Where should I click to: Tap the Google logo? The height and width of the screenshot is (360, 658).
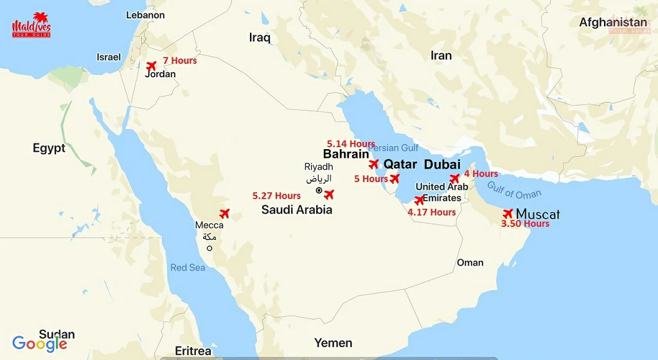pyautogui.click(x=39, y=344)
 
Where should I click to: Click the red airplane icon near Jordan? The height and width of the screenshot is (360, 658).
pyautogui.click(x=152, y=66)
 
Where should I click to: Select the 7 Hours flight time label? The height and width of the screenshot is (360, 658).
pyautogui.click(x=179, y=60)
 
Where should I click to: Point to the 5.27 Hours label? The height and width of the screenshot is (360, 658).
pyautogui.click(x=276, y=195)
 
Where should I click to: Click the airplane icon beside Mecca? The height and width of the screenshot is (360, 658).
pyautogui.click(x=224, y=213)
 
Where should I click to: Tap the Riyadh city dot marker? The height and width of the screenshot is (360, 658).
pyautogui.click(x=319, y=190)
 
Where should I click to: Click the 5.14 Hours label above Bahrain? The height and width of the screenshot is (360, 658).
pyautogui.click(x=351, y=143)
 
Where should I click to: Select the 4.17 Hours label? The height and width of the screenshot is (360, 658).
pyautogui.click(x=432, y=212)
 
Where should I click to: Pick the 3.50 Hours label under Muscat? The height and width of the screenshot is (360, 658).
pyautogui.click(x=525, y=224)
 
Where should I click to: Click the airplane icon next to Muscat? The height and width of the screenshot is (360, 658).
pyautogui.click(x=508, y=213)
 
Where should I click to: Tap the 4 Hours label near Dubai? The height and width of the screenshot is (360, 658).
pyautogui.click(x=481, y=174)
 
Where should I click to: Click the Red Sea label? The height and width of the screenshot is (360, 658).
pyautogui.click(x=188, y=267)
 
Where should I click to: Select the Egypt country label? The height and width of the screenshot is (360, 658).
pyautogui.click(x=49, y=148)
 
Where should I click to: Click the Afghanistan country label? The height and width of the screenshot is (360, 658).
pyautogui.click(x=613, y=22)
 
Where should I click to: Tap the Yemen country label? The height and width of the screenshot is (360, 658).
pyautogui.click(x=333, y=343)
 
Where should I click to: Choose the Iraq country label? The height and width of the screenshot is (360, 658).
pyautogui.click(x=260, y=38)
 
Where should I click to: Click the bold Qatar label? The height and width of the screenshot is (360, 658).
pyautogui.click(x=400, y=164)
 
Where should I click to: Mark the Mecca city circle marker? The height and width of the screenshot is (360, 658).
pyautogui.click(x=209, y=248)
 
